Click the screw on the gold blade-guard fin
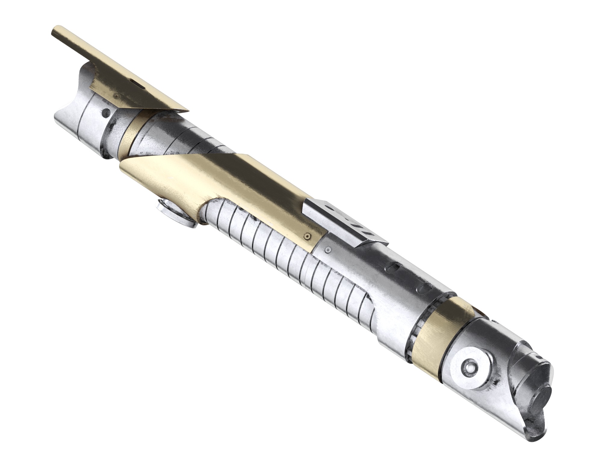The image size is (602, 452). (x=116, y=96)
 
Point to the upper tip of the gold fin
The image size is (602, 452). (x=54, y=30)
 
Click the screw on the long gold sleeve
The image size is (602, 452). (x=307, y=237)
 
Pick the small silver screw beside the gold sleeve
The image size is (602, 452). (x=328, y=249)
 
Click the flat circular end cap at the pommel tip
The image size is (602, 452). (x=540, y=404)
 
